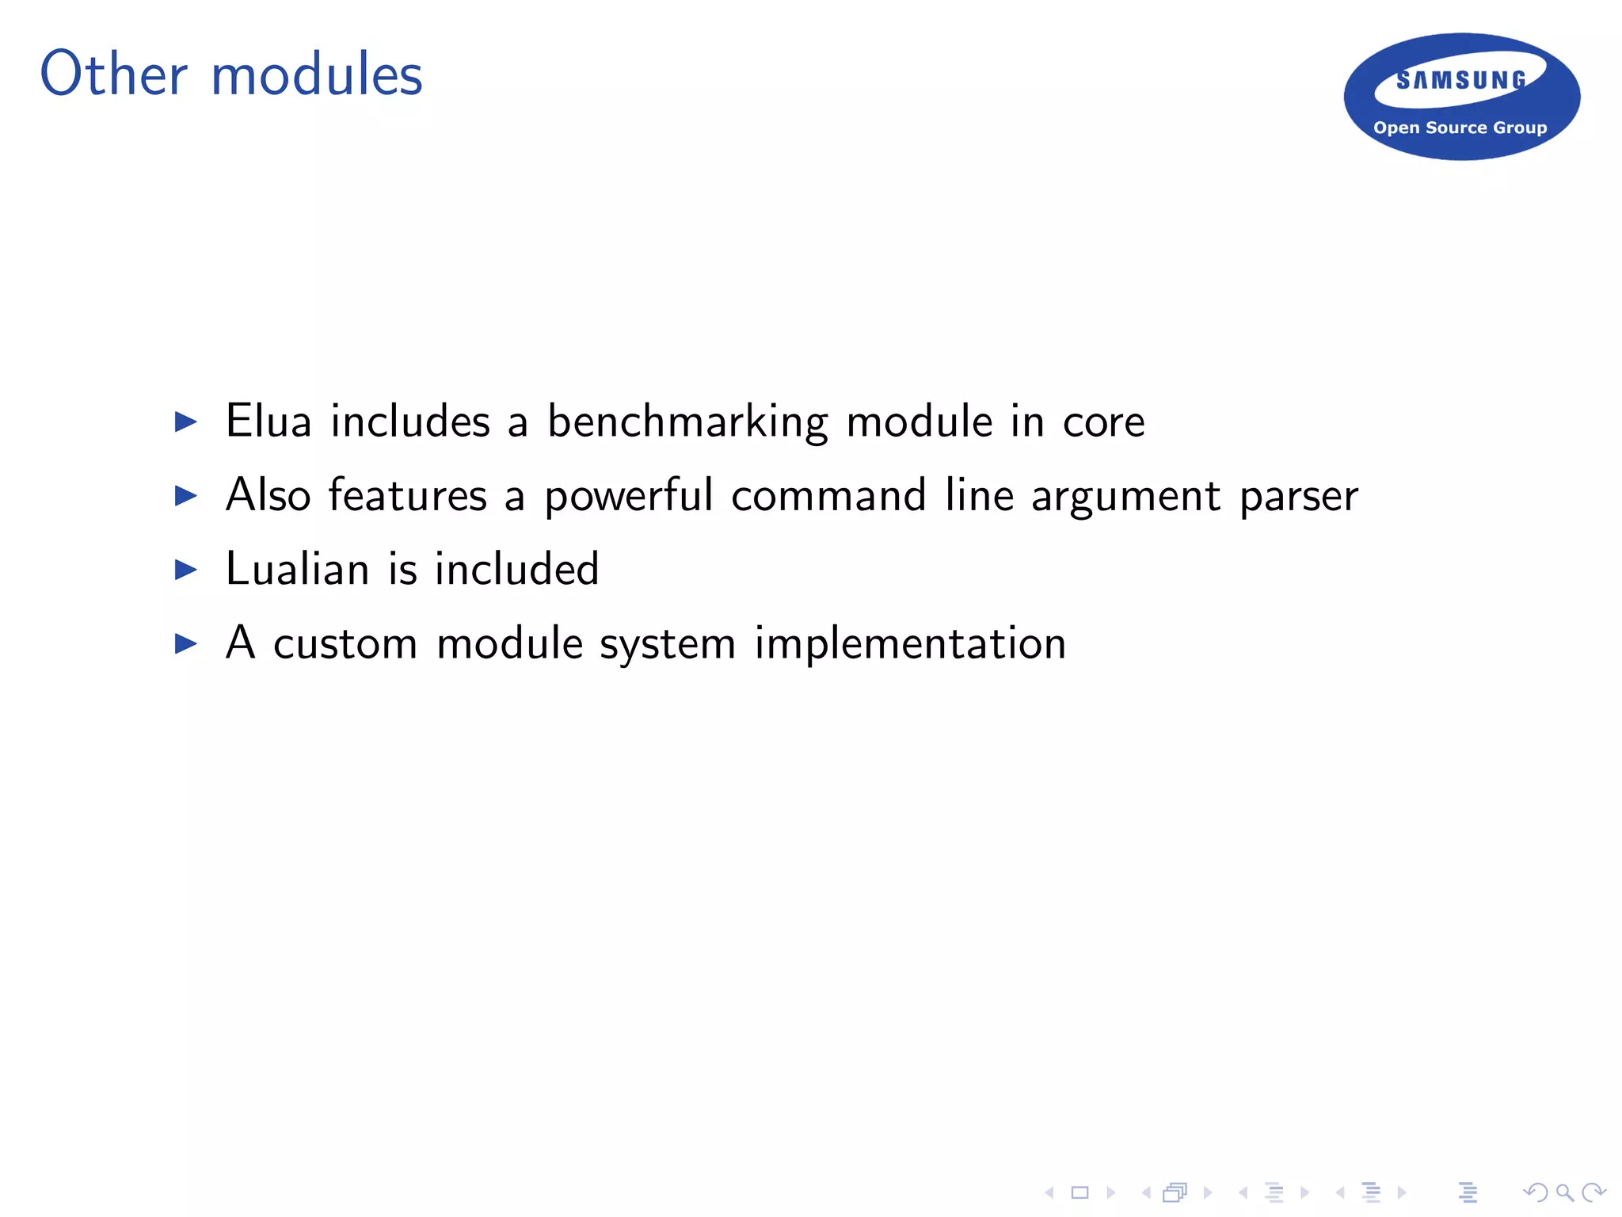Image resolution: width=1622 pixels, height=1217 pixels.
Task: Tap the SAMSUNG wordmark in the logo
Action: [x=1461, y=80]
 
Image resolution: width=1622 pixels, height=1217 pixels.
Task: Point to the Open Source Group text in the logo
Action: [x=1460, y=128]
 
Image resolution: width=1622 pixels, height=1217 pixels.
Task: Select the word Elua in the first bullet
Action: [x=268, y=421]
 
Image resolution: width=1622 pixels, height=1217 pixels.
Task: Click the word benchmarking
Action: [x=687, y=422]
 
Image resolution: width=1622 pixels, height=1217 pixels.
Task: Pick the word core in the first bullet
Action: [x=1103, y=422]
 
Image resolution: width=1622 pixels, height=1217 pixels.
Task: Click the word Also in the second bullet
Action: [x=268, y=495]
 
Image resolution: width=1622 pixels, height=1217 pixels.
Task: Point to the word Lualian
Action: [x=297, y=569]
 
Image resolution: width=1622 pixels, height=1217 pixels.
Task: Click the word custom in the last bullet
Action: [x=345, y=643]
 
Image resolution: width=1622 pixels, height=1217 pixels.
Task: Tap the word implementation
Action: [x=910, y=643]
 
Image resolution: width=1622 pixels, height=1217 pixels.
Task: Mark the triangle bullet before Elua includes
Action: [x=185, y=422]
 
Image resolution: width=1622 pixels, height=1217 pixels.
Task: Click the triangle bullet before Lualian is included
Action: [x=185, y=569]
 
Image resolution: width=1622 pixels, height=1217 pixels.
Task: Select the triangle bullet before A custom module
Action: [x=185, y=643]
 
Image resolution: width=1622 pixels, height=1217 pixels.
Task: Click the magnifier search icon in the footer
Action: [x=1564, y=1192]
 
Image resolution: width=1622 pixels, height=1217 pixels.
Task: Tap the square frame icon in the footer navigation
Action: [x=1080, y=1192]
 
